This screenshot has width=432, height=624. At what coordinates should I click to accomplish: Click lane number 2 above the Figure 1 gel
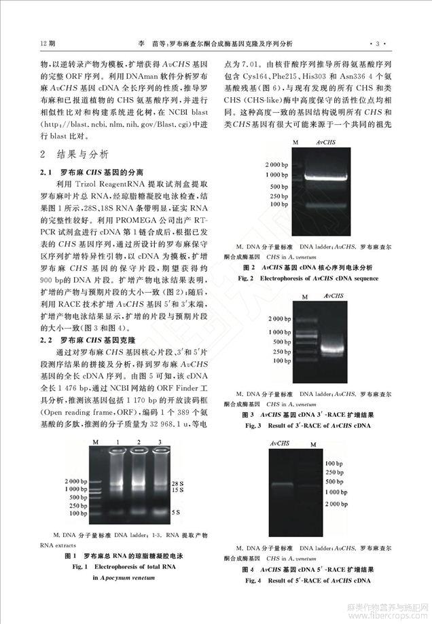140,443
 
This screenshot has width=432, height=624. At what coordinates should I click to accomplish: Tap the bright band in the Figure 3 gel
333,350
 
